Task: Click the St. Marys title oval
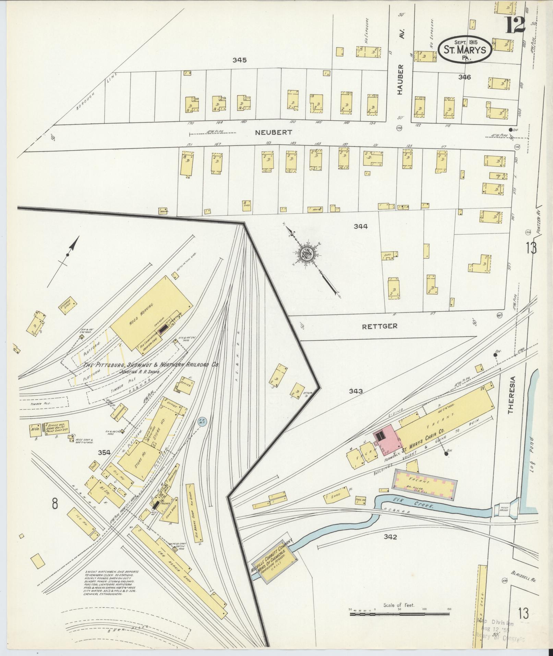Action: (x=465, y=50)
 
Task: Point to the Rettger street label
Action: (x=380, y=326)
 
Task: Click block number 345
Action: (x=239, y=60)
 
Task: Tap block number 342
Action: (x=390, y=537)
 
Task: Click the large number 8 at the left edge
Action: (x=55, y=504)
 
